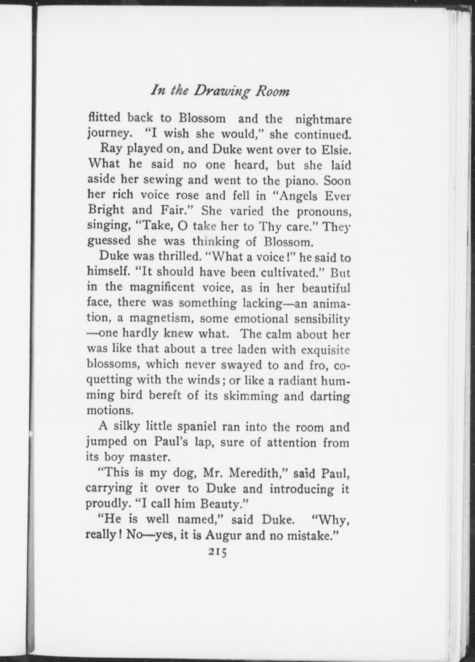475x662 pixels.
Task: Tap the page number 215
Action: click(216, 553)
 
